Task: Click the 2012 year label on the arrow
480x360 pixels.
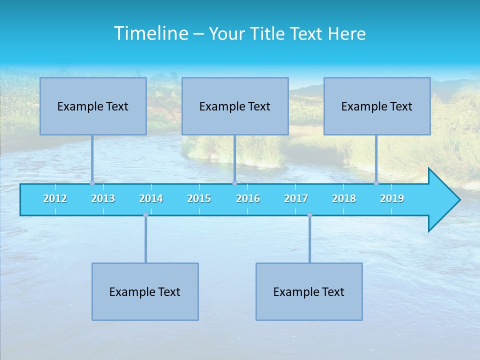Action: pyautogui.click(x=55, y=198)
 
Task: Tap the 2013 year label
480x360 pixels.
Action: pyautogui.click(x=103, y=198)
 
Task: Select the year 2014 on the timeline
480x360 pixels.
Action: pyautogui.click(x=151, y=198)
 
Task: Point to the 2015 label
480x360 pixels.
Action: pyautogui.click(x=199, y=198)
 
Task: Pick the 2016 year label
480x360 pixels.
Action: pyautogui.click(x=248, y=198)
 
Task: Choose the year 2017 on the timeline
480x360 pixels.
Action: pyautogui.click(x=296, y=198)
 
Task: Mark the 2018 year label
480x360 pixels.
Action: pyautogui.click(x=344, y=198)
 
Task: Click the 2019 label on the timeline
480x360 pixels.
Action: pyautogui.click(x=392, y=198)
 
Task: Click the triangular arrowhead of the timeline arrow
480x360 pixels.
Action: pyautogui.click(x=443, y=200)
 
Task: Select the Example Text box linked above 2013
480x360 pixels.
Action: pyautogui.click(x=93, y=106)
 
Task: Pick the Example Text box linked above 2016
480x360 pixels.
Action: pyautogui.click(x=235, y=106)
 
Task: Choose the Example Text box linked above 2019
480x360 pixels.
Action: pyautogui.click(x=377, y=106)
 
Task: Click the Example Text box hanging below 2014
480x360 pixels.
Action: pyautogui.click(x=145, y=292)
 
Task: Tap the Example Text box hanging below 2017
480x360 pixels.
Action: pyautogui.click(x=309, y=292)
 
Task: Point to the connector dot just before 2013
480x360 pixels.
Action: pyautogui.click(x=92, y=183)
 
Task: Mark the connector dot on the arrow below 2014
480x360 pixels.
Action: pyautogui.click(x=145, y=215)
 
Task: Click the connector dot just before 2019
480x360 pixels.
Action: pyautogui.click(x=376, y=183)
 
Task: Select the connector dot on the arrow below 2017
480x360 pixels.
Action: pyautogui.click(x=309, y=215)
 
